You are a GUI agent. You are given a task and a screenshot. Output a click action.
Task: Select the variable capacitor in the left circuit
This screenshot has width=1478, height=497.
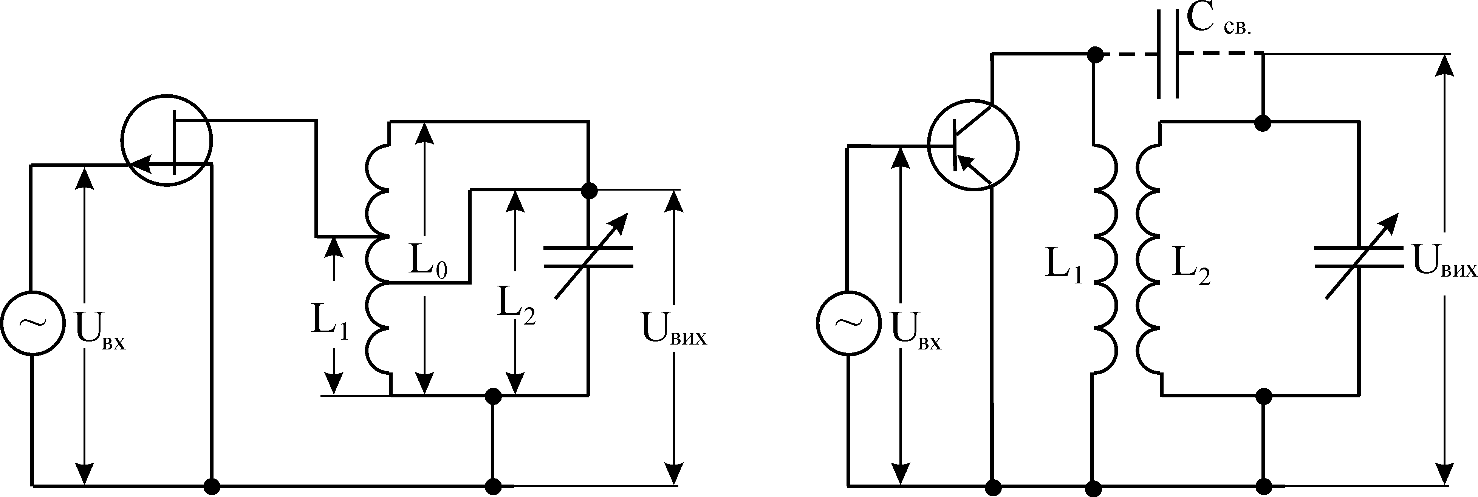[x=588, y=257]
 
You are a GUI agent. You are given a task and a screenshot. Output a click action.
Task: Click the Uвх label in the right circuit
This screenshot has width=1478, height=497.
[x=916, y=338]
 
